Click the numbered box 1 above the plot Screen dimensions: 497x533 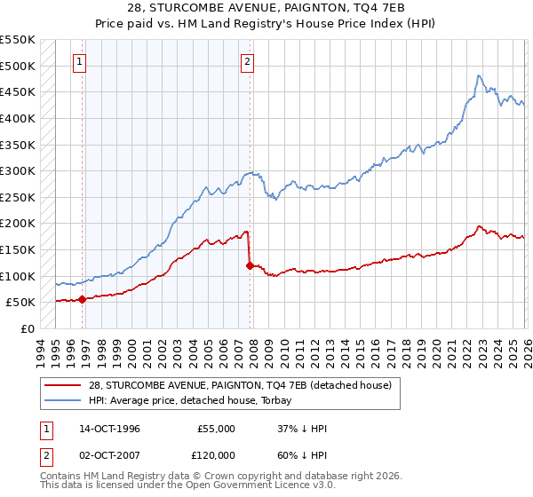81,62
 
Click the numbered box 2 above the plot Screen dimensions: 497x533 247,62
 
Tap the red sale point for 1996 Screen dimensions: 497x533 82,299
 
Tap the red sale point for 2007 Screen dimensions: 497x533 250,265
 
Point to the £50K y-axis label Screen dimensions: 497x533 20,303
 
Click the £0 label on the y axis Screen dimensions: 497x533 27,328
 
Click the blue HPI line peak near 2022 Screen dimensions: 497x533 479,76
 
